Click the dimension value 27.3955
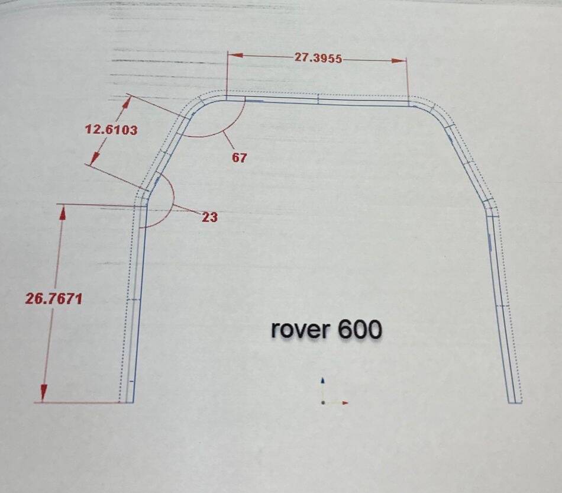(x=318, y=58)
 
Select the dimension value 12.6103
(x=111, y=130)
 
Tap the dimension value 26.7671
(x=54, y=299)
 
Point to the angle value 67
(x=239, y=157)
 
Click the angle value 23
(x=209, y=217)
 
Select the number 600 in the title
(x=360, y=329)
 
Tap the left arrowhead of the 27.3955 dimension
(x=235, y=55)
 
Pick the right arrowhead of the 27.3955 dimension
(x=399, y=60)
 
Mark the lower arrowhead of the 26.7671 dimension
(x=44, y=392)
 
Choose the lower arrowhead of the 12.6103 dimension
(x=95, y=158)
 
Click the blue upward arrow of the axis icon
(x=323, y=381)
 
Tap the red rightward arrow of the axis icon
(x=345, y=403)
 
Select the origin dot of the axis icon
(x=323, y=402)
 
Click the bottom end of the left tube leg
(x=126, y=402)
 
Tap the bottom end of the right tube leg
(x=515, y=402)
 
